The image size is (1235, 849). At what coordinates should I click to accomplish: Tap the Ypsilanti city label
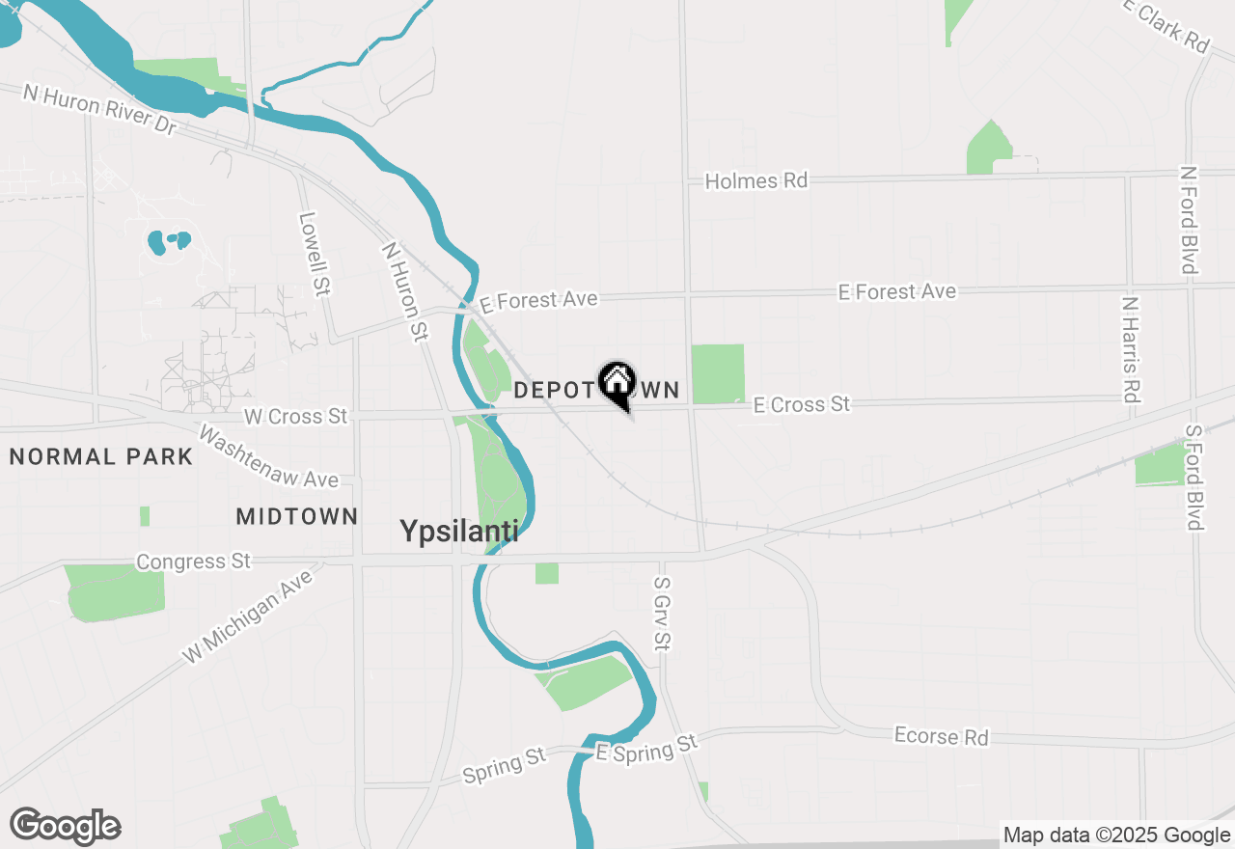[x=459, y=532]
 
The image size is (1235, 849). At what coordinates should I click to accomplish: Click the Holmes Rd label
[x=755, y=180]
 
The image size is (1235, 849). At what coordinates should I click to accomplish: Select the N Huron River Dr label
[x=100, y=109]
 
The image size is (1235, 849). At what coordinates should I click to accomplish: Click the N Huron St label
[x=405, y=291]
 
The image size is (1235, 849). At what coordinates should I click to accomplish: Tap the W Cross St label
[x=295, y=416]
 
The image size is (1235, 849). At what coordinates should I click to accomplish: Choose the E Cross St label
[x=802, y=404]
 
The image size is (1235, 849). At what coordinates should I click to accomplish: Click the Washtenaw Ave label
[x=268, y=456]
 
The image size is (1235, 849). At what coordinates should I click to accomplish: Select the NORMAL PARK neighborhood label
[x=101, y=456]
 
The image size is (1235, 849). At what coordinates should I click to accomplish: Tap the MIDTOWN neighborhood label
[x=297, y=517]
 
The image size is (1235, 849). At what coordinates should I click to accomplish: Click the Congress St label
[x=193, y=561]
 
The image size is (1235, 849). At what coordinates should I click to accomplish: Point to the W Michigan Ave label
[x=249, y=616]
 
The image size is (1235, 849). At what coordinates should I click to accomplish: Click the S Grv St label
[x=661, y=613]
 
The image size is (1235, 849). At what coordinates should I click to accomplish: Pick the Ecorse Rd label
[x=941, y=736]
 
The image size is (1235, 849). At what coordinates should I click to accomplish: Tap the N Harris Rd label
[x=1131, y=348]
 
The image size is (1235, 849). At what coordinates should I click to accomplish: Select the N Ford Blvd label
[x=1190, y=220]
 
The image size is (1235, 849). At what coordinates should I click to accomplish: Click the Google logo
[x=66, y=826]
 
